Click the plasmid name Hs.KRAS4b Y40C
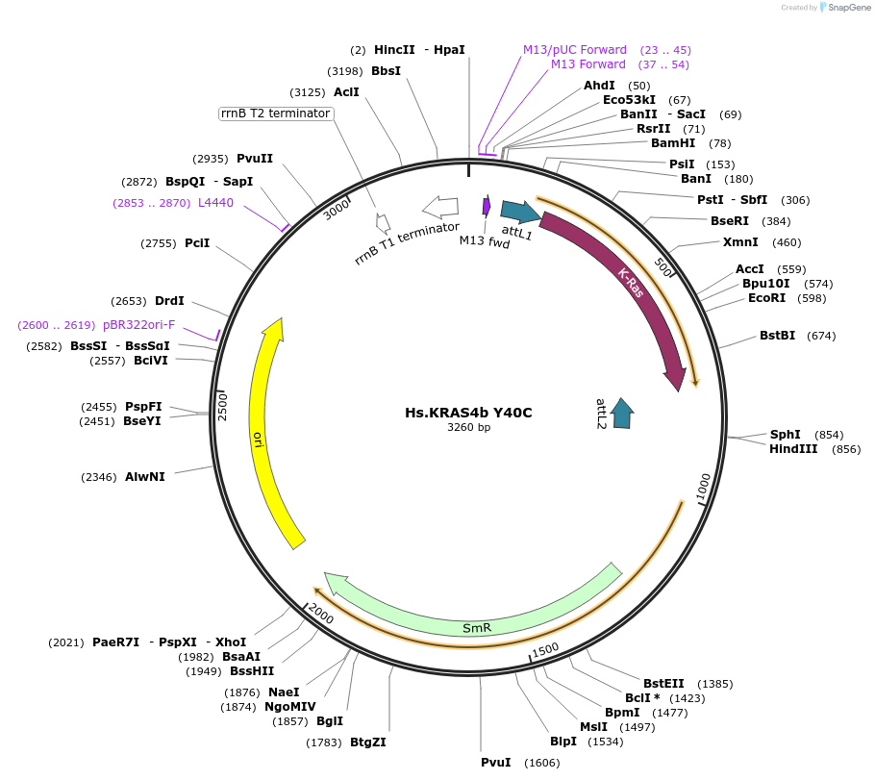click(468, 413)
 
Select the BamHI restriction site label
click(673, 143)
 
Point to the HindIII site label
click(793, 449)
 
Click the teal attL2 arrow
click(622, 412)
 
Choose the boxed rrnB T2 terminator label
click(276, 113)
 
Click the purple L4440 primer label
click(215, 203)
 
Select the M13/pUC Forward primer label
click(575, 49)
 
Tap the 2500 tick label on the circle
click(223, 405)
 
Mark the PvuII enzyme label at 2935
click(255, 159)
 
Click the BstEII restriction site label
click(663, 684)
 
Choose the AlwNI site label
click(145, 476)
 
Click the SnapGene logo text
click(846, 8)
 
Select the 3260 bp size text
click(468, 427)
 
